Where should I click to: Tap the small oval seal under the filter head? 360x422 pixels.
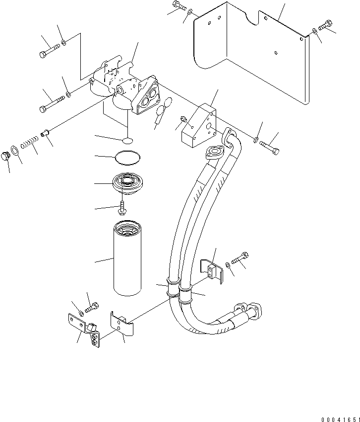[127, 141]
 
